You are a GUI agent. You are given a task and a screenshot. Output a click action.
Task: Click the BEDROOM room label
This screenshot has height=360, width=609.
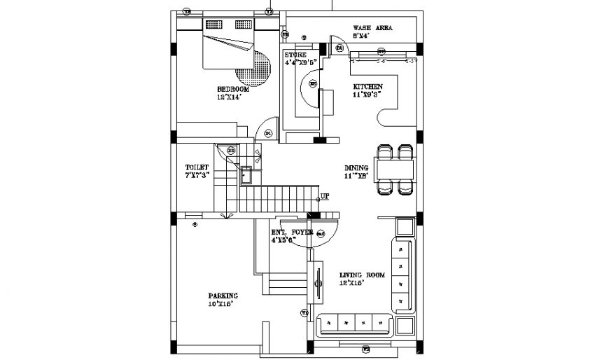[233, 90]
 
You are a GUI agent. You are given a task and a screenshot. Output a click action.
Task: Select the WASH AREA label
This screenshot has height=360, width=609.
[372, 28]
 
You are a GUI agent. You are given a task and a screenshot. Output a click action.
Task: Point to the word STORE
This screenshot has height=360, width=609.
[295, 55]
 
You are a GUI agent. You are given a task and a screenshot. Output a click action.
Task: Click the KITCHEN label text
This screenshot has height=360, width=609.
[367, 87]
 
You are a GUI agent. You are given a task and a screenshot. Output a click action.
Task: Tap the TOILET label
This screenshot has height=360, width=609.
[197, 167]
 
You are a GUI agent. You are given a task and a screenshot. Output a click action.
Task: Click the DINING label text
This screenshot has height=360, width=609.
[356, 168]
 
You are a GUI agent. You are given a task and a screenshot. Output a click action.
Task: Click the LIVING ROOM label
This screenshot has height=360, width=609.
[363, 275]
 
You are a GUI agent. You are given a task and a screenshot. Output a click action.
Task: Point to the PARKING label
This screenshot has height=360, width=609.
[223, 296]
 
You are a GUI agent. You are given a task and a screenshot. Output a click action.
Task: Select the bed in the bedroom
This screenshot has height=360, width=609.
[229, 46]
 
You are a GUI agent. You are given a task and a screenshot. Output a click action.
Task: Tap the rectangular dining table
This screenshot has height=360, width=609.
[395, 169]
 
